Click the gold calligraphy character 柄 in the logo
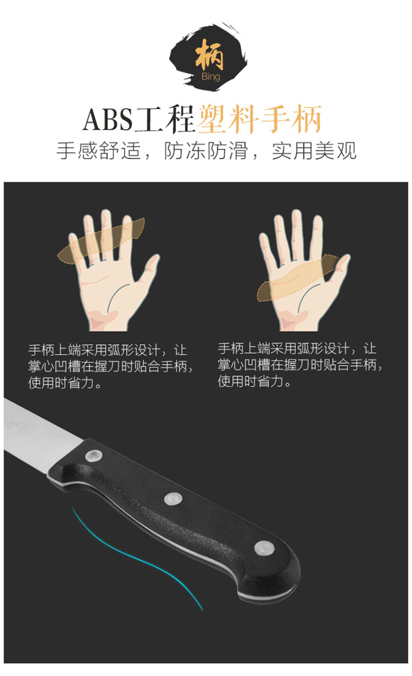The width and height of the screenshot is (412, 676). pos(209,55)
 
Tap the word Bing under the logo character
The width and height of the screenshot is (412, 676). pos(211,77)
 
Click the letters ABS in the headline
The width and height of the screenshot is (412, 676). pos(108,120)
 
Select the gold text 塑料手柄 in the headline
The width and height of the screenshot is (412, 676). pos(260,119)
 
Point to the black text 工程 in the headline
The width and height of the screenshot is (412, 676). pos(164,119)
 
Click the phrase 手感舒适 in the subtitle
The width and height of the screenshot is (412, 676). pos(99,150)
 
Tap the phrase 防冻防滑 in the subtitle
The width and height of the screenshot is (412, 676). pos(206,150)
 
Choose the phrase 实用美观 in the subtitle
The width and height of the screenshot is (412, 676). pos(314,150)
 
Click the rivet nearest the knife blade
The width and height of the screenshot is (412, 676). pos(93,456)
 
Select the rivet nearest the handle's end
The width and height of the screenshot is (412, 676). pos(264,547)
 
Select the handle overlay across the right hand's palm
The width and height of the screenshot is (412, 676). pos(299,279)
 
